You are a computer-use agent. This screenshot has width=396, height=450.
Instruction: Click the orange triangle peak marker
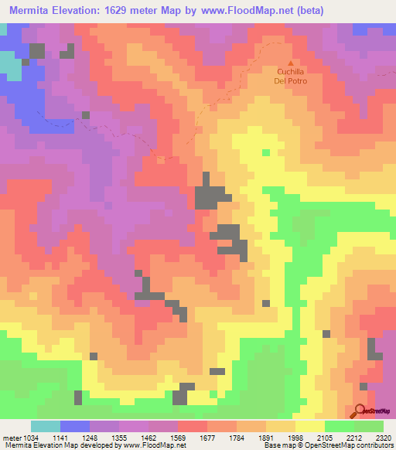[291, 63]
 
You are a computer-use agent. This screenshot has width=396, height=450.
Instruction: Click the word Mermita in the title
[33, 10]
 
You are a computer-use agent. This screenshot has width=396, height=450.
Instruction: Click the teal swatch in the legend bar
[46, 426]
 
